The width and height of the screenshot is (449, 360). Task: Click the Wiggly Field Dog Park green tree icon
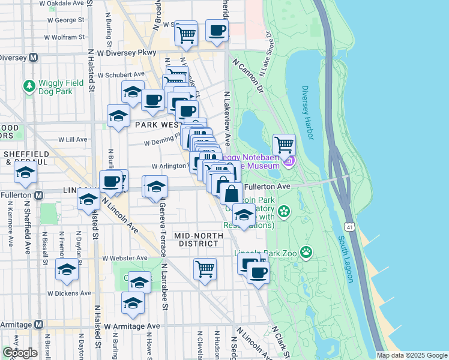pos(29,86)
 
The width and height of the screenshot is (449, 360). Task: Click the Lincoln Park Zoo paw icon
pos(307,252)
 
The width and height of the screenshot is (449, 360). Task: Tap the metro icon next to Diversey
pos(34,58)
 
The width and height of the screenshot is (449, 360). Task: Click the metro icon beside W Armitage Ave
pos(38,324)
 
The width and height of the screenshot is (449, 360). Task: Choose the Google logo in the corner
pos(19,353)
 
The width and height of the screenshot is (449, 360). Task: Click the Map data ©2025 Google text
pos(412,355)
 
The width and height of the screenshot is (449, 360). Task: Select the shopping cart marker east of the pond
pos(284,145)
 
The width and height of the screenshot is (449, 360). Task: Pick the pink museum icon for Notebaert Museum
pos(289,161)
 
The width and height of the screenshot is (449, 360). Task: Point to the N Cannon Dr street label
pos(252,75)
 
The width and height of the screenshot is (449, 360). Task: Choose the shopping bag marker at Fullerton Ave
pos(231,194)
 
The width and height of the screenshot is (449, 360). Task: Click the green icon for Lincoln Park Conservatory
pos(283,211)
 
